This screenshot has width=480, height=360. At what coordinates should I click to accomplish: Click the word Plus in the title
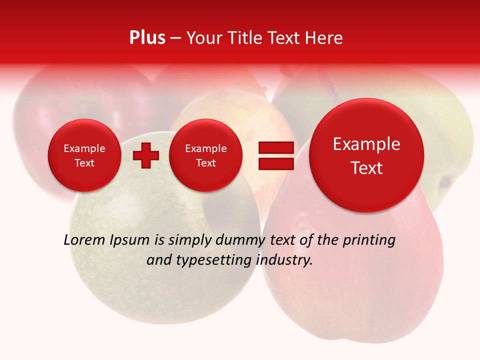click(x=147, y=38)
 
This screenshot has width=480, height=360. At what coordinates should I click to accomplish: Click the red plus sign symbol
click(x=145, y=155)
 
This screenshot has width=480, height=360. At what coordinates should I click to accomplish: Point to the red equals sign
click(x=275, y=155)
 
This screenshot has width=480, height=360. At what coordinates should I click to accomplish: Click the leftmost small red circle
click(x=84, y=155)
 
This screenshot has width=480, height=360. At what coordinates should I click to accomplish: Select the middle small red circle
click(x=205, y=155)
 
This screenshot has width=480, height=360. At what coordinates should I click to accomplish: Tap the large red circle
click(x=366, y=155)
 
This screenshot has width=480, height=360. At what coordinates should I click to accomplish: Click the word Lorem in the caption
click(x=84, y=240)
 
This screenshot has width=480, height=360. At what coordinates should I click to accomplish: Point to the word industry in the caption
click(x=284, y=260)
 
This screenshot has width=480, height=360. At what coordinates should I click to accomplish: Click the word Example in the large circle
click(x=366, y=144)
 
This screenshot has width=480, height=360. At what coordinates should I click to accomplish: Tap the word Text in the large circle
click(x=366, y=168)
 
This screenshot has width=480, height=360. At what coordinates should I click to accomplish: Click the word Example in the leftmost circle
click(x=84, y=148)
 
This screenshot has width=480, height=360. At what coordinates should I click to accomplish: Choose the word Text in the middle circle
click(x=205, y=163)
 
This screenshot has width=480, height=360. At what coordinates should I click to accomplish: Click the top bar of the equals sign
click(x=275, y=147)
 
